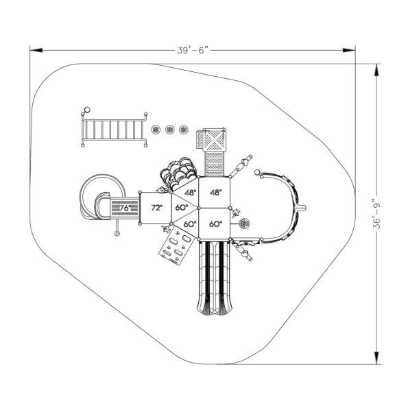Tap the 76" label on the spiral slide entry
(x=123, y=207)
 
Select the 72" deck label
(x=156, y=207)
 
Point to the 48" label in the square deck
(x=217, y=193)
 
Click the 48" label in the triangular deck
(x=189, y=193)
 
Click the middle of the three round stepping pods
(x=169, y=129)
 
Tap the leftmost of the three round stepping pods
(x=155, y=129)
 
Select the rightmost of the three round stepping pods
(x=183, y=129)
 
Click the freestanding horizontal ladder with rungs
(x=114, y=129)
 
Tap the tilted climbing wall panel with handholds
(x=174, y=246)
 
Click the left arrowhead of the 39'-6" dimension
(x=33, y=49)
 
